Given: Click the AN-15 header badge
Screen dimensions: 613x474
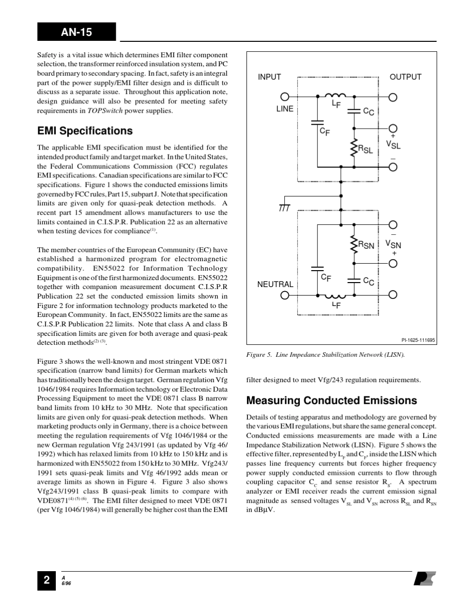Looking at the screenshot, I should [x=76, y=32].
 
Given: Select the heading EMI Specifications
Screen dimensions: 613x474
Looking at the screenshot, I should [x=85, y=131].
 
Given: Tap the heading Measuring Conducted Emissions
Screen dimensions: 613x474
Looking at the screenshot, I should [x=331, y=401].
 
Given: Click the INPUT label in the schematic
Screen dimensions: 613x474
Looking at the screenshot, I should [x=269, y=77].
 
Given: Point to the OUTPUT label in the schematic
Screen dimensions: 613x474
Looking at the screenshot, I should [x=405, y=77].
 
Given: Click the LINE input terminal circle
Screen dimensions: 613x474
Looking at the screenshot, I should [x=285, y=97].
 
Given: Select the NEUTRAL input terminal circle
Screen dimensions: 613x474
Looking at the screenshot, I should [x=285, y=295].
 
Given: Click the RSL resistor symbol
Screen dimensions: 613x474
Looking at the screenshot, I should [x=354, y=148].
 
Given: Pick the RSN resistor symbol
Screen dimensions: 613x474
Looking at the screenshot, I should [x=354, y=244].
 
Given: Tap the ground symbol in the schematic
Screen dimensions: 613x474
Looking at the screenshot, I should [x=285, y=207].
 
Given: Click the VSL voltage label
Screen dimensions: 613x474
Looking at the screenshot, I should [x=393, y=145].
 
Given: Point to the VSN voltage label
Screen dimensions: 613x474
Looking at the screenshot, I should [x=393, y=244].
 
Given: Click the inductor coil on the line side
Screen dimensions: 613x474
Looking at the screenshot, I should [x=335, y=96].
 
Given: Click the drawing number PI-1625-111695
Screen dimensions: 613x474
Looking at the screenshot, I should [x=418, y=340].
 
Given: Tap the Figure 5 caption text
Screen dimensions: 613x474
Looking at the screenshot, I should [x=325, y=355].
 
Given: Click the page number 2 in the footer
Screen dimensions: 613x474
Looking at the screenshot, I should [x=46, y=580].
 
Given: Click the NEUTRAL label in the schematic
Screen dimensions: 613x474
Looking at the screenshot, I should [x=275, y=284].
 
